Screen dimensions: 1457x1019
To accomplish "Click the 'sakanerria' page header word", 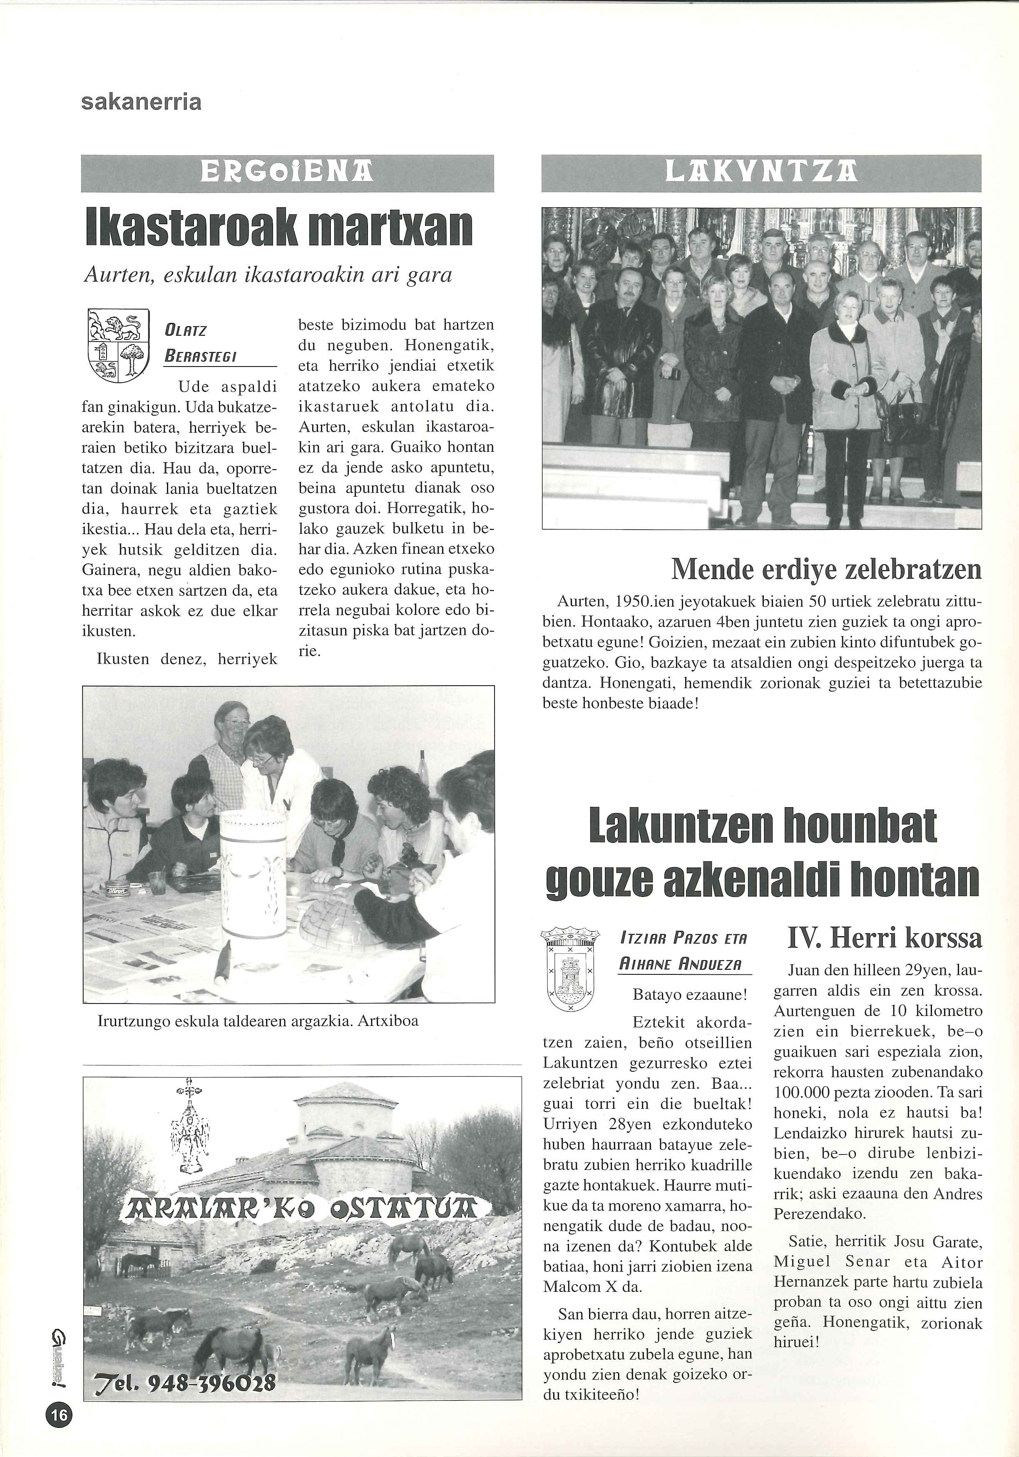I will pyautogui.click(x=141, y=102).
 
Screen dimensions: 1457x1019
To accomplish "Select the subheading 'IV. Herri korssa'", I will pyautogui.click(x=885, y=937).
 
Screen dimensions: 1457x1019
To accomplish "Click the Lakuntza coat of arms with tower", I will pyautogui.click(x=569, y=971).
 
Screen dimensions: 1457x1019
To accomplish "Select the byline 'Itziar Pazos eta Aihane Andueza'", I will pyautogui.click(x=684, y=951).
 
